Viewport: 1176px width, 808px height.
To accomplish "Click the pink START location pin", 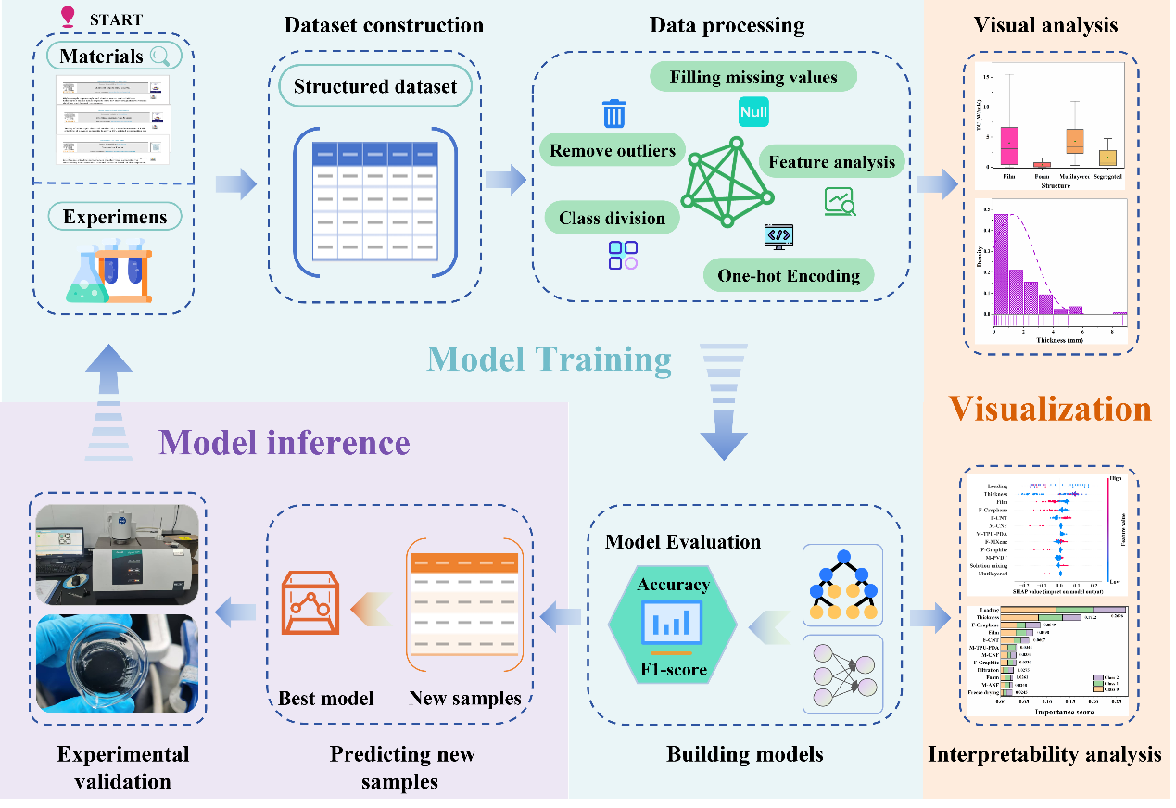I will pyautogui.click(x=67, y=17).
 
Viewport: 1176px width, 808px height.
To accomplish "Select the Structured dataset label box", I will pyautogui.click(x=375, y=87).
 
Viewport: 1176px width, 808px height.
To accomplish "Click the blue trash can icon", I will pyautogui.click(x=613, y=114).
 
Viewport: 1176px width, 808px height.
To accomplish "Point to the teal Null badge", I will pyautogui.click(x=754, y=112).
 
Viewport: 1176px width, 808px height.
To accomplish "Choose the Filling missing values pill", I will pyautogui.click(x=753, y=76).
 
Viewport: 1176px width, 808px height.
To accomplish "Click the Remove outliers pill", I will pyautogui.click(x=613, y=150).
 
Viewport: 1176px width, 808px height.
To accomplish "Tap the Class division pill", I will pyautogui.click(x=612, y=219).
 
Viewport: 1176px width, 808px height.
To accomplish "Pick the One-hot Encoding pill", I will pyautogui.click(x=789, y=275).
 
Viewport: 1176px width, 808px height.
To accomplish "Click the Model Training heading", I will pyautogui.click(x=549, y=358).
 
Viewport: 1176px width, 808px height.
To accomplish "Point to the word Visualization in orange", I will pyautogui.click(x=1049, y=409).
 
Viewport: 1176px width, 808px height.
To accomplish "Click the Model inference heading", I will pyautogui.click(x=284, y=442).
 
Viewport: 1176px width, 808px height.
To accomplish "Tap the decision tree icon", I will pyautogui.click(x=843, y=584).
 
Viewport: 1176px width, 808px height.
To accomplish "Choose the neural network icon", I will pyautogui.click(x=843, y=674).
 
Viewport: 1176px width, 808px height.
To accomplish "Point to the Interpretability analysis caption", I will pyautogui.click(x=1044, y=755).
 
